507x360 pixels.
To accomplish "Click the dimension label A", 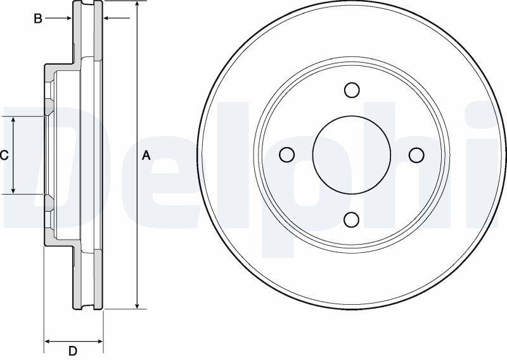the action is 146,155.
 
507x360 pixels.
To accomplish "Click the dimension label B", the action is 38,18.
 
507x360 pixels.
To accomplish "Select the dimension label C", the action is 4,155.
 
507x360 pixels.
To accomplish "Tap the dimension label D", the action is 73,350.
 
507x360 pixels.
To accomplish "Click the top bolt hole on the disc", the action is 352,89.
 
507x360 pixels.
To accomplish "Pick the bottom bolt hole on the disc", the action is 352,220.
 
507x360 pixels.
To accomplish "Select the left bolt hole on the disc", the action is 287,155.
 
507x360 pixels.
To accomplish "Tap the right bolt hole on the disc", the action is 416,155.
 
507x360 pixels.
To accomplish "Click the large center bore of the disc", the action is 352,155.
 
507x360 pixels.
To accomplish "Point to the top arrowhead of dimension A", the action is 138,4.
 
